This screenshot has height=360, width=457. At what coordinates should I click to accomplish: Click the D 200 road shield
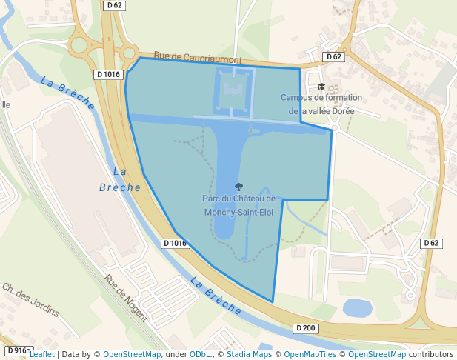[x=305, y=328]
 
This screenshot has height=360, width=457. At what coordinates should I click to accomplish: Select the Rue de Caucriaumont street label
[x=198, y=57]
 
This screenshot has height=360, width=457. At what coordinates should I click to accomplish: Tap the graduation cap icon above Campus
[x=321, y=87]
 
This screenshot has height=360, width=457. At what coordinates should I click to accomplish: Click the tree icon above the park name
[x=238, y=187]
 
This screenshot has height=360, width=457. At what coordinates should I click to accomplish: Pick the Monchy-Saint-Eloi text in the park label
[x=238, y=211]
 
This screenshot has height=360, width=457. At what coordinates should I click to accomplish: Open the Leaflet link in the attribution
[x=41, y=354]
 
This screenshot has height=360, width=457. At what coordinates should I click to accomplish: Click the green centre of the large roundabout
[x=79, y=46]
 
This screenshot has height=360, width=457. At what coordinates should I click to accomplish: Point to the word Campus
[x=296, y=98]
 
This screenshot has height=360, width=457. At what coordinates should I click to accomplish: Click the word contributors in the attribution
[x=430, y=354]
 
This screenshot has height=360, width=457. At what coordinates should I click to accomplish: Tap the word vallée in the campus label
[x=316, y=110]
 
